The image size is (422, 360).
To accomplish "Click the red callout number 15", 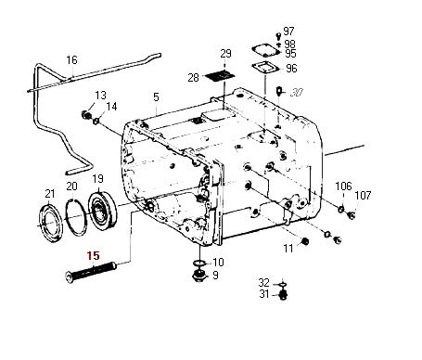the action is pyautogui.click(x=94, y=256).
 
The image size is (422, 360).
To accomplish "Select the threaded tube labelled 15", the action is pyautogui.click(x=91, y=271).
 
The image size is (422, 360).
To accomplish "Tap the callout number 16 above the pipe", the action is pyautogui.click(x=71, y=59).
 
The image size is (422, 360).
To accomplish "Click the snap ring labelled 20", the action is pyautogui.click(x=76, y=217).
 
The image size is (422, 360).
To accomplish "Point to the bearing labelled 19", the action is pyautogui.click(x=102, y=211).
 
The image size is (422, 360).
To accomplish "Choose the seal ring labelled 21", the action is pyautogui.click(x=51, y=222).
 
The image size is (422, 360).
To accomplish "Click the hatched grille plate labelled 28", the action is pyautogui.click(x=218, y=76).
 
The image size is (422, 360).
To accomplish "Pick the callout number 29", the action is pyautogui.click(x=225, y=54).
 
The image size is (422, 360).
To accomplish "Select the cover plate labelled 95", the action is pyautogui.click(x=265, y=50).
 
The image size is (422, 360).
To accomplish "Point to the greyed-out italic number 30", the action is pyautogui.click(x=296, y=92).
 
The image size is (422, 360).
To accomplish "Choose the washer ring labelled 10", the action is pyautogui.click(x=199, y=263).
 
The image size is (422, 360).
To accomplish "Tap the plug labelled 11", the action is pyautogui.click(x=305, y=241).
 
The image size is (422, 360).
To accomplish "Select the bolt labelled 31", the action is pyautogui.click(x=283, y=295).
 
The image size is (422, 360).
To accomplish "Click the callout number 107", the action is pyautogui.click(x=363, y=195).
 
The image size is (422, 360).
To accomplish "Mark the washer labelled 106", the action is pyautogui.click(x=340, y=209).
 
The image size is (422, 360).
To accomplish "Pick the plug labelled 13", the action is pyautogui.click(x=85, y=115).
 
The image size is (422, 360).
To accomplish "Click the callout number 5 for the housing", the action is pyautogui.click(x=156, y=97).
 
